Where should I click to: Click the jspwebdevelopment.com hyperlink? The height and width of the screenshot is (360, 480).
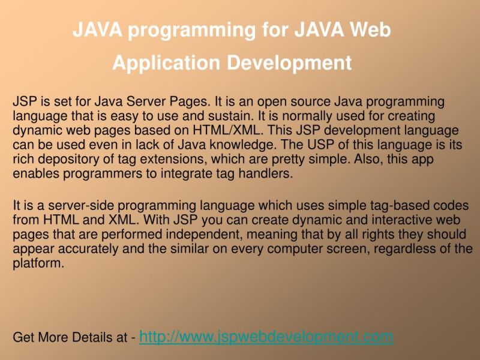[x=266, y=337]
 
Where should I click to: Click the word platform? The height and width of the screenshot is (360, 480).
[x=37, y=263]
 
